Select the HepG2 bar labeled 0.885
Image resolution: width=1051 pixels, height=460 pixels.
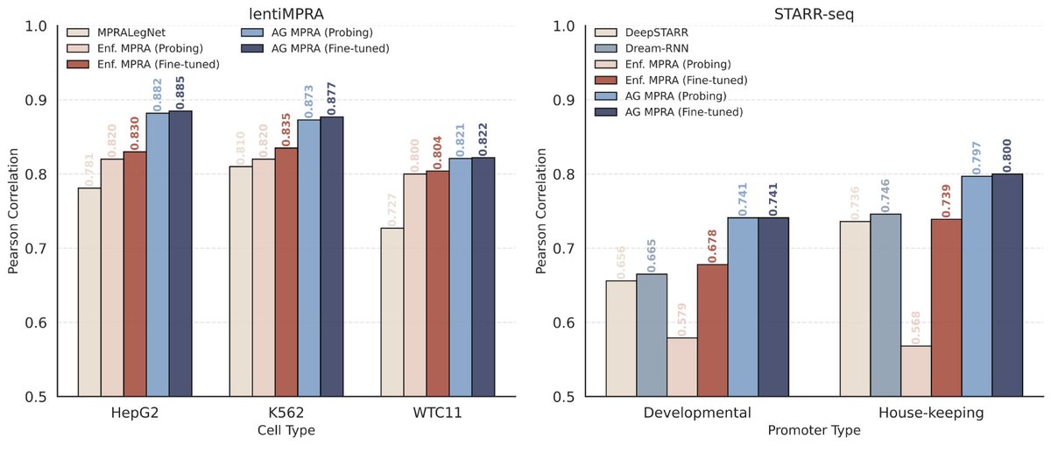click(180, 253)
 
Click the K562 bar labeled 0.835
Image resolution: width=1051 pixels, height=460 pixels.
click(286, 272)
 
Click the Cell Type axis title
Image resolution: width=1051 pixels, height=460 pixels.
click(279, 430)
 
